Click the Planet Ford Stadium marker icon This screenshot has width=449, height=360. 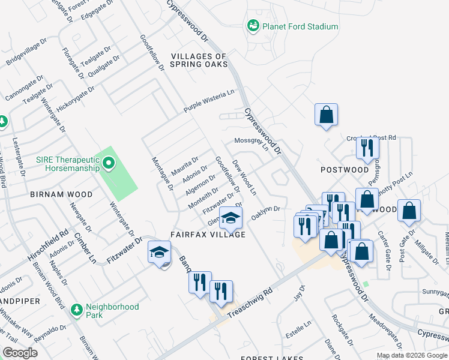pos(253,26)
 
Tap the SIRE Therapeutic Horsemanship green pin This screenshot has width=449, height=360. pos(109,163)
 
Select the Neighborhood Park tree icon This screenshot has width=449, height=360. pos(76,310)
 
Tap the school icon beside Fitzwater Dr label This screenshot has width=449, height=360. pos(159,253)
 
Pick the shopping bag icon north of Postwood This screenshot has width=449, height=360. pos(326,115)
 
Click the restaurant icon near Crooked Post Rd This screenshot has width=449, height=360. pos(367,148)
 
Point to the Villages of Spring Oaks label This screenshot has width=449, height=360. pos(199,60)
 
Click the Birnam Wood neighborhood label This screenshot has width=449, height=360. pos(62,195)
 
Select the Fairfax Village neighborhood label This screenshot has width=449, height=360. pos(208,235)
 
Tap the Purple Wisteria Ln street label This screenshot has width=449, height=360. pos(209,102)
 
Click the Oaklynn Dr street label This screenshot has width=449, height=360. pos(267,213)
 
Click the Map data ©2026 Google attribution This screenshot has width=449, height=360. pos(412,355)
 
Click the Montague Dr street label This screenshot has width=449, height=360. pos(163,174)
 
